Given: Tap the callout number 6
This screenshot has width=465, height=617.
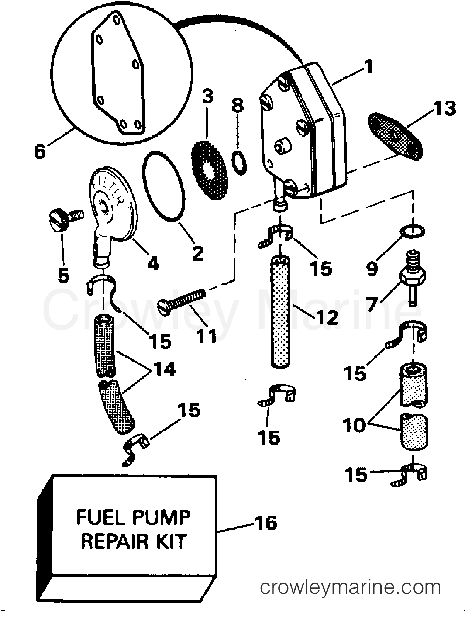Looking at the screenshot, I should click(x=40, y=151).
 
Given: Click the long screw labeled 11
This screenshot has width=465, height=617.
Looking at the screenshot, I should click(x=182, y=297).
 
